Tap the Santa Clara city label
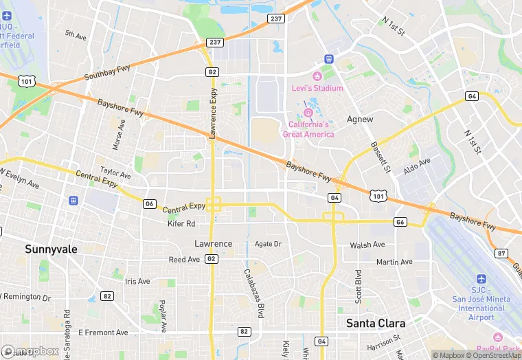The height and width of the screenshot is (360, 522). [x=375, y=322]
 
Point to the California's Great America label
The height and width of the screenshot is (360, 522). [x=308, y=129]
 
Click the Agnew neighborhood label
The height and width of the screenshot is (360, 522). [x=360, y=119]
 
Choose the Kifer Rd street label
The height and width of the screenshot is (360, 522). [x=181, y=224]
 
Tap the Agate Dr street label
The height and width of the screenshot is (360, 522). [x=268, y=244]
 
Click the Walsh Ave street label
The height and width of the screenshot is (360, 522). [x=367, y=245]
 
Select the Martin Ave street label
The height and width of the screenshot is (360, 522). [x=394, y=262]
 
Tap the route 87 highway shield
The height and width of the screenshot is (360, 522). [x=501, y=254]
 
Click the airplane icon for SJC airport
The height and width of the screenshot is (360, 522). [x=481, y=279]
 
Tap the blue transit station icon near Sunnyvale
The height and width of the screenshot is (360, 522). [x=73, y=201]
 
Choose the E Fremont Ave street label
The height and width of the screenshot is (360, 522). [x=103, y=333]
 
